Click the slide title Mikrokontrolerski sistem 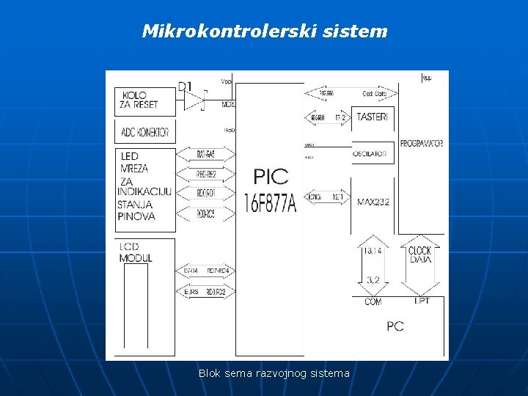tap(264, 32)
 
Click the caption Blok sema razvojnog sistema tap(274, 373)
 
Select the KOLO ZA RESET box tap(146, 101)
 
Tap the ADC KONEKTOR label tap(145, 132)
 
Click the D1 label tap(186, 87)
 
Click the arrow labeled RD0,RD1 tap(206, 194)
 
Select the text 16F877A tap(270, 202)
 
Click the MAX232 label tap(373, 202)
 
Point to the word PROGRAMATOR tap(422, 144)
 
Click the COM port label tap(373, 301)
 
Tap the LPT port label tap(422, 301)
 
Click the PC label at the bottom tap(395, 326)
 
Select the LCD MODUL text tap(136, 252)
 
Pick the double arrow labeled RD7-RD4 tap(206, 271)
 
